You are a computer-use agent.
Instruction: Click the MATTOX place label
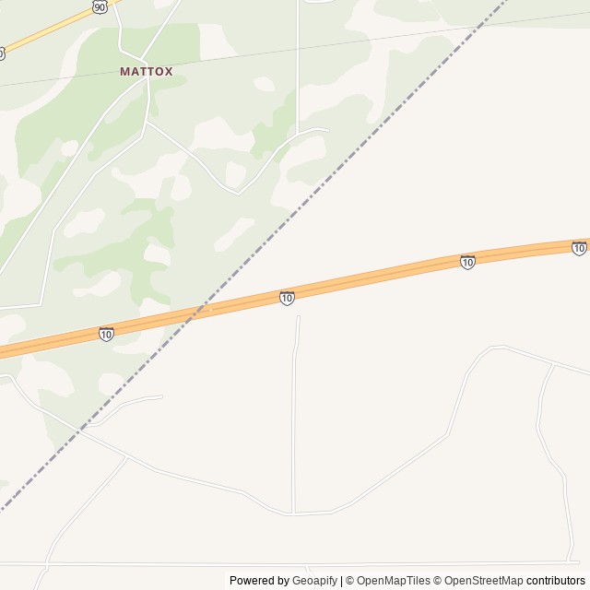coord(147,71)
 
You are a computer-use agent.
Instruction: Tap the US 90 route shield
coord(100,6)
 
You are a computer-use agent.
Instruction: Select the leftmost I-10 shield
coord(106,334)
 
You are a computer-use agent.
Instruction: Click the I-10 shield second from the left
coord(287,298)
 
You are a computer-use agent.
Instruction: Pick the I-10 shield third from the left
coord(467,263)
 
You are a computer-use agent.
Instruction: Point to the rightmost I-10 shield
coord(578,248)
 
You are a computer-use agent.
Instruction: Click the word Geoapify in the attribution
coord(314,581)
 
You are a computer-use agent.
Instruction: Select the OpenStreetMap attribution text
coord(478,581)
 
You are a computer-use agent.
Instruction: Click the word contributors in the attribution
coord(556,581)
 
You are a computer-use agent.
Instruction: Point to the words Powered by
coord(259,581)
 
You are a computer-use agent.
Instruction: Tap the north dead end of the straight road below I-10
coord(298,317)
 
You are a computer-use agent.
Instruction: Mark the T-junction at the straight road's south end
coord(293,513)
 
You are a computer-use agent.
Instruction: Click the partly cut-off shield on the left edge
coord(2,53)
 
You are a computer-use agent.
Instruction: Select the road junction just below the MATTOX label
coord(147,82)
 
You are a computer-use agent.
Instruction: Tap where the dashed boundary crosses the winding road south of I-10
coord(89,425)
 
